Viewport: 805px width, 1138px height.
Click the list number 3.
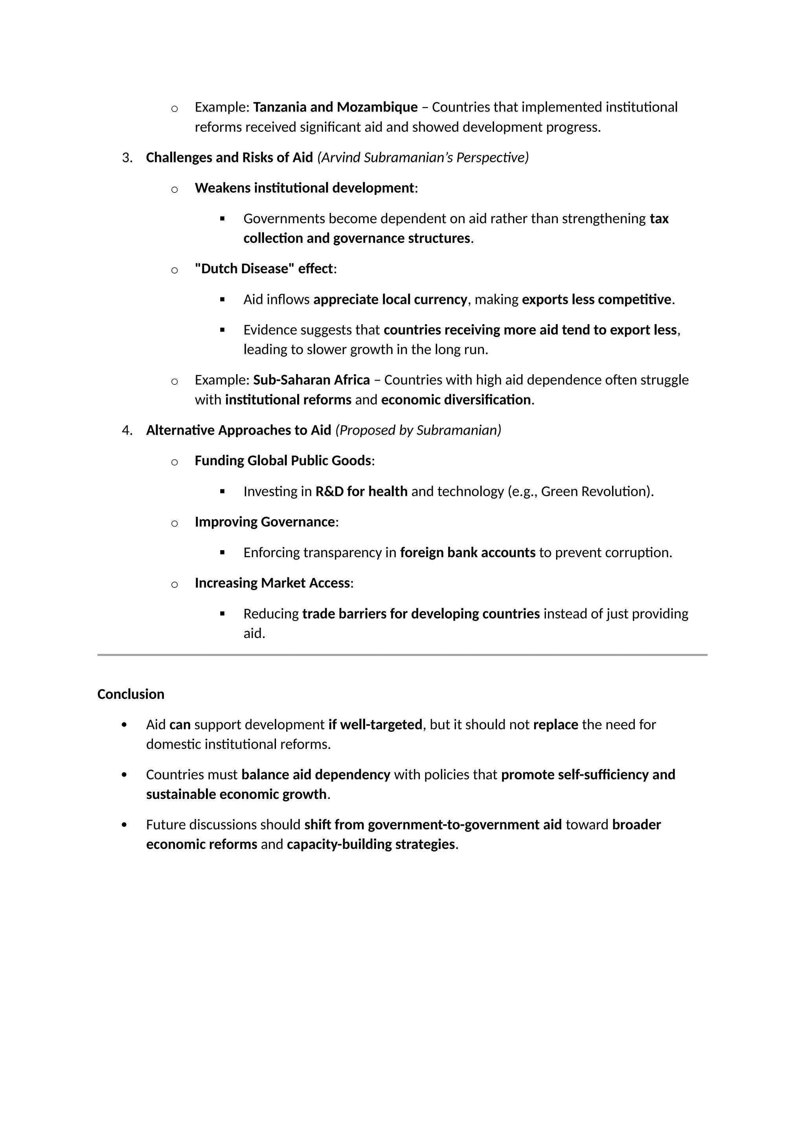[127, 158]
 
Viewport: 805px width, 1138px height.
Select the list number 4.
[127, 430]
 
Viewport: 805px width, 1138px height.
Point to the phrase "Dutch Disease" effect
[264, 269]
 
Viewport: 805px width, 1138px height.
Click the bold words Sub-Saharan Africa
[311, 380]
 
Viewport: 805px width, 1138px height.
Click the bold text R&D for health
[361, 492]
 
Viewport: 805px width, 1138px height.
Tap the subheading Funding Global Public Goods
[283, 461]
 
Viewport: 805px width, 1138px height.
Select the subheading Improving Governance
[265, 522]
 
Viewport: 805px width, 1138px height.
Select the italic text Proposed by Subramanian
[418, 430]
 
